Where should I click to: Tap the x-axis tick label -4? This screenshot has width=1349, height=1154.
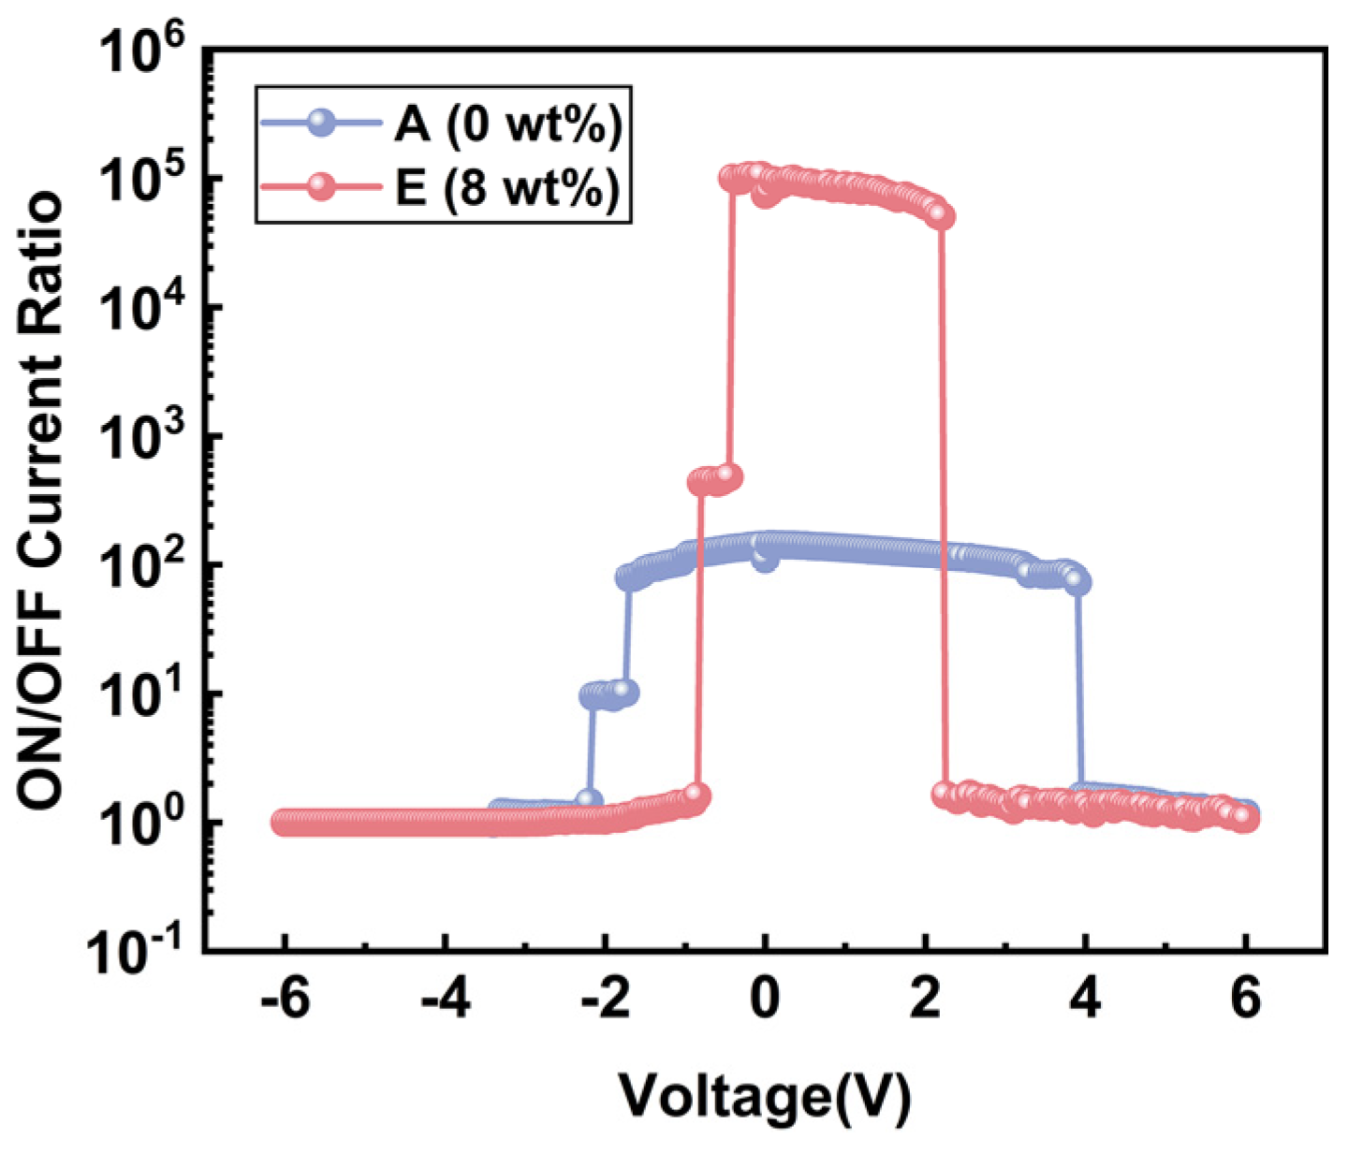click(446, 1001)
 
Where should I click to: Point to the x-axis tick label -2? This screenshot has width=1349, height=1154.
click(606, 1001)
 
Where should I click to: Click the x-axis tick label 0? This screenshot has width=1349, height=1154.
click(766, 1001)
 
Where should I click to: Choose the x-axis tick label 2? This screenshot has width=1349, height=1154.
click(926, 1001)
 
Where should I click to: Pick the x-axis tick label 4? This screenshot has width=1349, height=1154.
click(1086, 1001)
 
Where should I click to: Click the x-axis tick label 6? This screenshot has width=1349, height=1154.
click(1246, 1001)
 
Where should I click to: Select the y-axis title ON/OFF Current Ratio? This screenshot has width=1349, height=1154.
click(42, 501)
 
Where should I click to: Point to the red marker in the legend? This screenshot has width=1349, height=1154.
click(322, 186)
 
